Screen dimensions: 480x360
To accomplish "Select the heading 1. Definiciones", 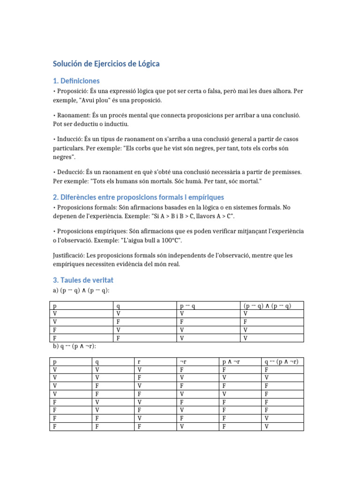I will pos(76,81).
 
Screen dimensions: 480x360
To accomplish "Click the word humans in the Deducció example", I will pos(136,181).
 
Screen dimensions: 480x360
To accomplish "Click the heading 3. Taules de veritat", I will pos(83,280).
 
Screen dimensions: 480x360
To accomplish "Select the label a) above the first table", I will pos(56,291).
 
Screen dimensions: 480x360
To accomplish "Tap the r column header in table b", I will pos(139,362).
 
